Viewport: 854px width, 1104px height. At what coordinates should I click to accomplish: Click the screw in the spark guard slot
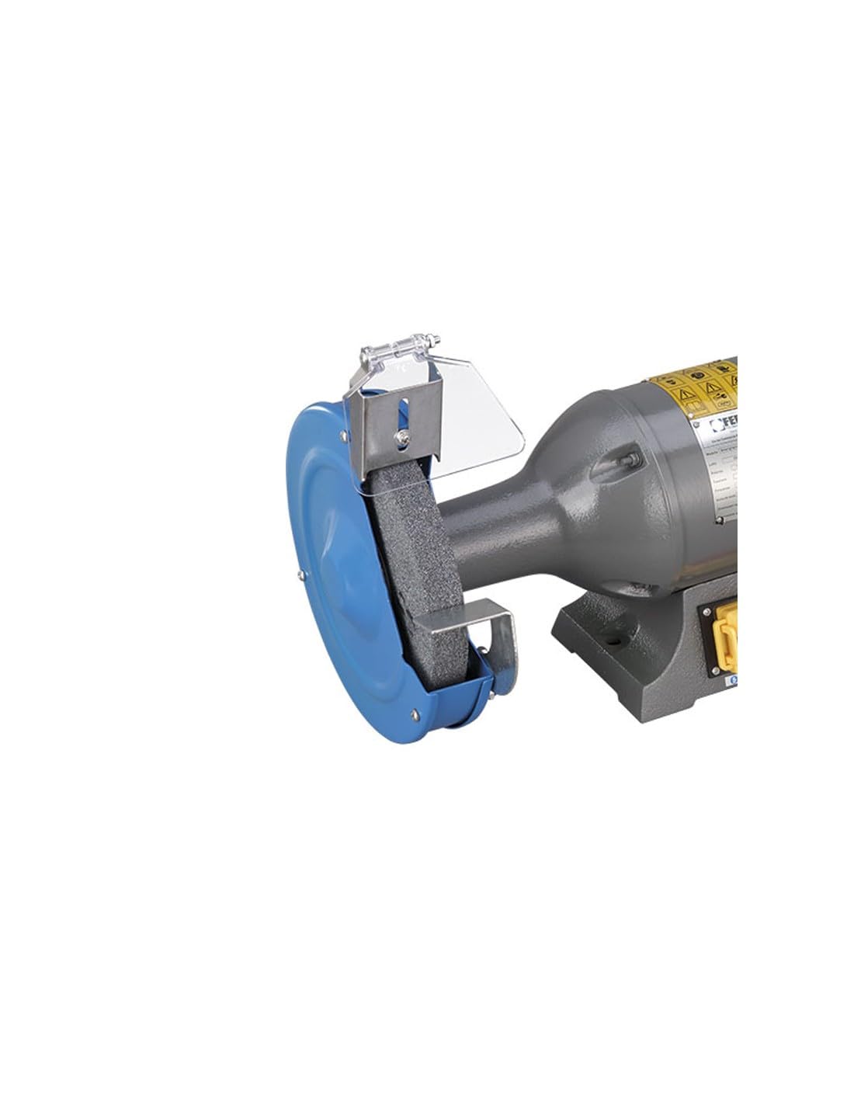pyautogui.click(x=403, y=439)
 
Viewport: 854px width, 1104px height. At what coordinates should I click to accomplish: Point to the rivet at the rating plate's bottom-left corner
pyautogui.click(x=720, y=515)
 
